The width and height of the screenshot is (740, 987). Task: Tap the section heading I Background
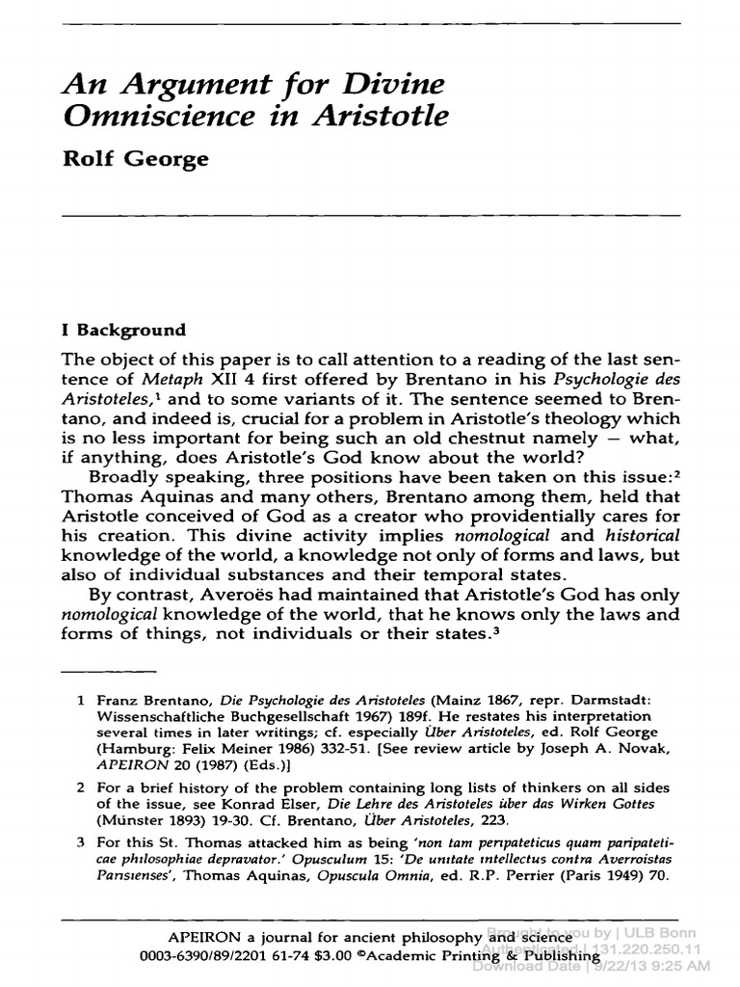[x=123, y=330]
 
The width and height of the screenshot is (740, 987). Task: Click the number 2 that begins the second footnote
[x=82, y=760]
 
